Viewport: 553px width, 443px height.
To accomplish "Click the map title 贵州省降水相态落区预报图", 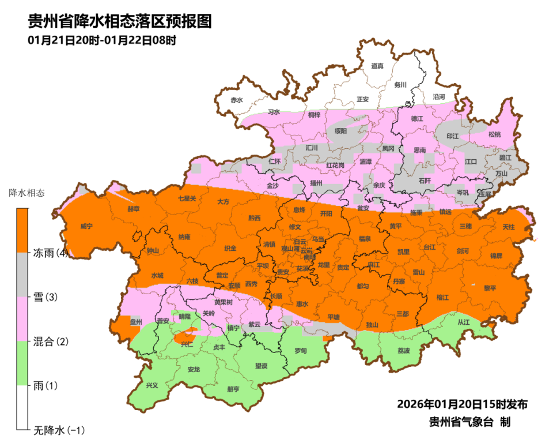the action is click(x=120, y=21).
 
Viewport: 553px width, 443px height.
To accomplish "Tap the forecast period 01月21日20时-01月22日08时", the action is click(x=101, y=41).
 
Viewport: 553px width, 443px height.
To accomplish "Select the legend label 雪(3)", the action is click(x=47, y=297).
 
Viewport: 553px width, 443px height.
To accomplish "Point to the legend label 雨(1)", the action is click(x=47, y=385).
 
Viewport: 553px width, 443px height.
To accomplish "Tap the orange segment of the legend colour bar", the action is click(x=22, y=231).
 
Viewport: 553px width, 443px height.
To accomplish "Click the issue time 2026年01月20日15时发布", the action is click(x=462, y=404).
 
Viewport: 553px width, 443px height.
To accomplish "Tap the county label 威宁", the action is click(x=86, y=226).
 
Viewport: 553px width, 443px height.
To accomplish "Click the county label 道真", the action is click(x=377, y=66).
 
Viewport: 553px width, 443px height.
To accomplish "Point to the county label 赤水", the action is click(x=236, y=100).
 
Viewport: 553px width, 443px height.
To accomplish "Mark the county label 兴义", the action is click(x=151, y=385).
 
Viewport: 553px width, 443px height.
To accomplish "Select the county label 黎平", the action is click(x=490, y=287).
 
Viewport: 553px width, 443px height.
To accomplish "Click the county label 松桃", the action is click(x=494, y=134).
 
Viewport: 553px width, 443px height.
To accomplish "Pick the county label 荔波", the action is click(x=404, y=351).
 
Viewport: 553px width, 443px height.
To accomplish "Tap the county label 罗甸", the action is click(x=300, y=350).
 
